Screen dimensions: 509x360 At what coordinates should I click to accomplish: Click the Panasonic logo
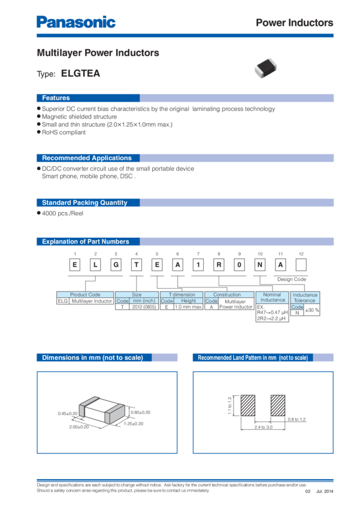76,23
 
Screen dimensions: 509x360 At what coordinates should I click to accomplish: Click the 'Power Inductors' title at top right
294,23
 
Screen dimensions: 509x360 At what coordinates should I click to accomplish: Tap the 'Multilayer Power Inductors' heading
98,53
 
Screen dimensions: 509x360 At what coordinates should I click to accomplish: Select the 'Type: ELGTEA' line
69,74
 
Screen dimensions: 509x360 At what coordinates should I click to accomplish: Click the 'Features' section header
56,98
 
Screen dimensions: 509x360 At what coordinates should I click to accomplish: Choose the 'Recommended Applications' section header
86,158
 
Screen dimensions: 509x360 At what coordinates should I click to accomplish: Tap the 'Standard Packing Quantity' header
84,203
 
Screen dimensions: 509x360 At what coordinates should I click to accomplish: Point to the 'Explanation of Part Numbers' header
85,242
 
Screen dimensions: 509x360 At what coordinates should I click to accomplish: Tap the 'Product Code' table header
85,295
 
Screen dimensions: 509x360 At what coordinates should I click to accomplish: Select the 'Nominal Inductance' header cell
273,297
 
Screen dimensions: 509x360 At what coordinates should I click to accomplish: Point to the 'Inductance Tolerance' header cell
305,297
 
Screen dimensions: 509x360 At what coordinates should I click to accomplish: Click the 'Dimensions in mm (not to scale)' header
92,358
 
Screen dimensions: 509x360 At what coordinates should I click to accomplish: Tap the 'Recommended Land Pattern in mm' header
252,358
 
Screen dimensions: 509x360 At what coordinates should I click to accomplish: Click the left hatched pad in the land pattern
248,407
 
